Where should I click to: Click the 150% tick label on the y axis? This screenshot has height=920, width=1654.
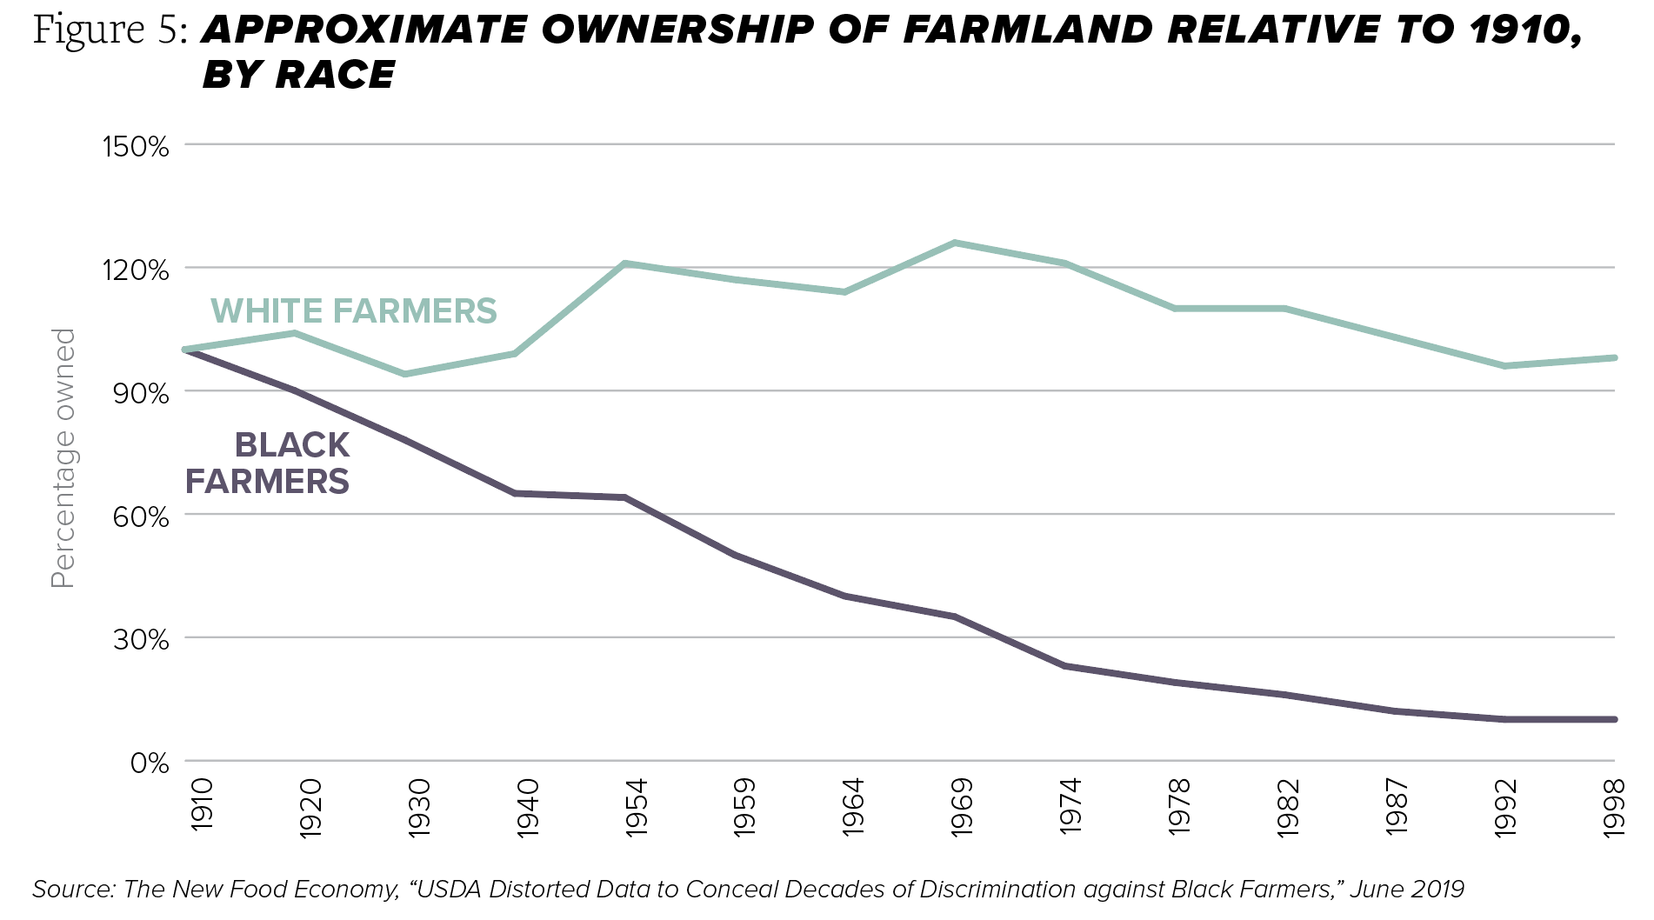click(x=136, y=146)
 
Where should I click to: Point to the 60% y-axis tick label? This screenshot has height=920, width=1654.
click(x=140, y=517)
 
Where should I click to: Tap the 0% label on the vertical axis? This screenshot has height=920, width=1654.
click(x=149, y=763)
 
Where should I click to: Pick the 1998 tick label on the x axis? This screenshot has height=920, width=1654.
click(x=1615, y=808)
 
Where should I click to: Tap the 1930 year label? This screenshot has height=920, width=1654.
click(x=420, y=808)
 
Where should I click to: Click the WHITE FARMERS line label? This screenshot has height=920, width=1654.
click(x=354, y=310)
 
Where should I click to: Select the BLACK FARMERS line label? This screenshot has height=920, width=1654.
click(x=268, y=463)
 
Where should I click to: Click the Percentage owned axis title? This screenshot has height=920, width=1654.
click(x=63, y=458)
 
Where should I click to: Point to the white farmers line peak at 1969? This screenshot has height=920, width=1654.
click(x=955, y=243)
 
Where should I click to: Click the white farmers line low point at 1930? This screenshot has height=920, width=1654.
click(x=405, y=374)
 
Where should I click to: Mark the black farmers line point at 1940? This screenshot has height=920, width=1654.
click(x=515, y=493)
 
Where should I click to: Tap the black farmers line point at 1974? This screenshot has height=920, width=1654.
click(x=1064, y=666)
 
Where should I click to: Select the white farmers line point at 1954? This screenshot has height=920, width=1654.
click(x=625, y=263)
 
